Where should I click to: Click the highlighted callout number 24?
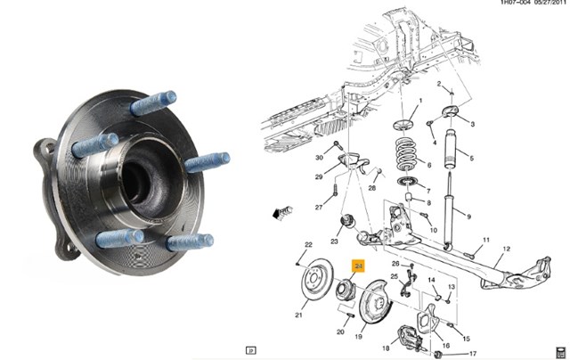click(359, 266)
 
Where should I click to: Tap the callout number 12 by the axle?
click(507, 250)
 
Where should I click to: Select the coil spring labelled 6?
click(406, 154)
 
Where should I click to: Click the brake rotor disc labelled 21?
click(318, 279)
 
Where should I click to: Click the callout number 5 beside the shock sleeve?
click(471, 159)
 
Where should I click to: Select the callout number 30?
click(319, 158)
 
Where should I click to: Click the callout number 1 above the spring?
click(420, 101)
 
